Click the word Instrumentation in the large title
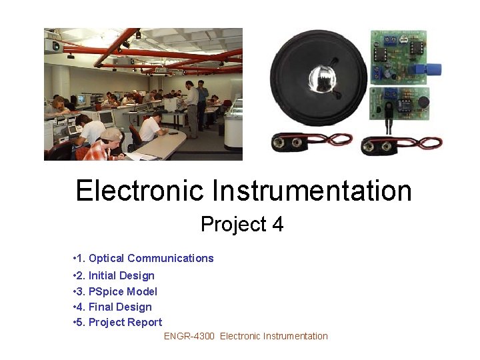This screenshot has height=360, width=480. [x=312, y=191]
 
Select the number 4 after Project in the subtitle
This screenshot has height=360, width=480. [x=277, y=225]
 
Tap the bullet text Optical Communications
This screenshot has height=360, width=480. [x=151, y=259]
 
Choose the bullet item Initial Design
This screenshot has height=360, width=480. [x=121, y=275]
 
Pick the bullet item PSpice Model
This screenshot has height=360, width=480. [x=123, y=291]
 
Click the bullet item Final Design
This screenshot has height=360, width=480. [x=120, y=307]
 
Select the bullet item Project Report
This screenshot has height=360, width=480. [x=125, y=323]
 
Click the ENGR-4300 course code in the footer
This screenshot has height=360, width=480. [x=189, y=337]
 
